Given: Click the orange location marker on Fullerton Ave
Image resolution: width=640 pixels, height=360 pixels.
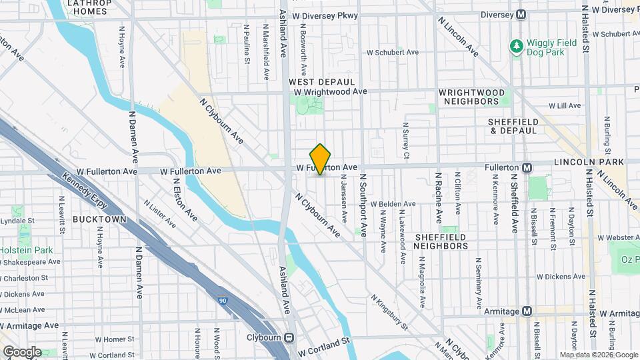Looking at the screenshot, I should (321, 159).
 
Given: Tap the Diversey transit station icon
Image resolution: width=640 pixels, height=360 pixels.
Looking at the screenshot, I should (521, 15).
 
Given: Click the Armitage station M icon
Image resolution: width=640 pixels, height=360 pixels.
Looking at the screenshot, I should (527, 311).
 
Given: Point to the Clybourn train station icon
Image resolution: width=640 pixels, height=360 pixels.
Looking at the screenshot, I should (290, 337).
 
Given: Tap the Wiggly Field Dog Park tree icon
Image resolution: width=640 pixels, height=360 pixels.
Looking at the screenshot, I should (516, 45).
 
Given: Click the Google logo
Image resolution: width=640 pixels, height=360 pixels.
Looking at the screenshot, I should (21, 352).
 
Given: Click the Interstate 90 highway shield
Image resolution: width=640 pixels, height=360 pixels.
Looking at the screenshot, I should (221, 301).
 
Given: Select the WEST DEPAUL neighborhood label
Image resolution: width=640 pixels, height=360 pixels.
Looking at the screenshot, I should (317, 81).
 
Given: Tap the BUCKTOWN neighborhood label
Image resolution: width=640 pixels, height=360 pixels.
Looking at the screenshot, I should (99, 219).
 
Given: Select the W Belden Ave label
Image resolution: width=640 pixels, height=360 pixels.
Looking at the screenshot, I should (393, 204).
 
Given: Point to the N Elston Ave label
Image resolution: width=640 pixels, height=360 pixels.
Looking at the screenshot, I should (185, 199).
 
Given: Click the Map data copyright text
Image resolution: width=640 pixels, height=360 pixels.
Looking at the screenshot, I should (597, 355).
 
